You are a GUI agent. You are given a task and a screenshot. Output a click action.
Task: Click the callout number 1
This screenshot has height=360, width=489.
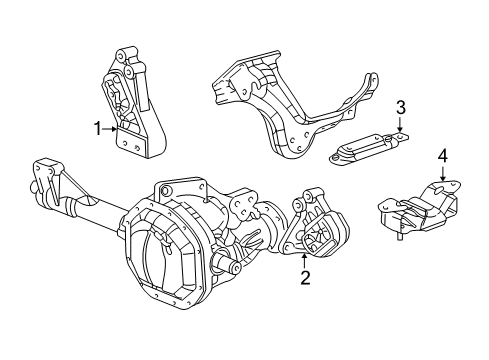click(x=98, y=127)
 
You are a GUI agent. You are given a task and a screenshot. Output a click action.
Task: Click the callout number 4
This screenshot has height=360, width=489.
click(x=441, y=156)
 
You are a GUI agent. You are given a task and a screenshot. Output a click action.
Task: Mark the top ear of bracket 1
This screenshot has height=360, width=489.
click(x=126, y=55)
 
